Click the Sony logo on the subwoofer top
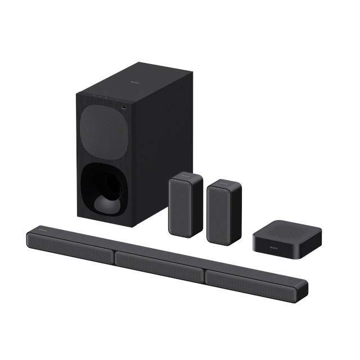click(x=133, y=82)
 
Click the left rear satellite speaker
click(x=184, y=205)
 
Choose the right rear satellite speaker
click(x=224, y=211)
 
